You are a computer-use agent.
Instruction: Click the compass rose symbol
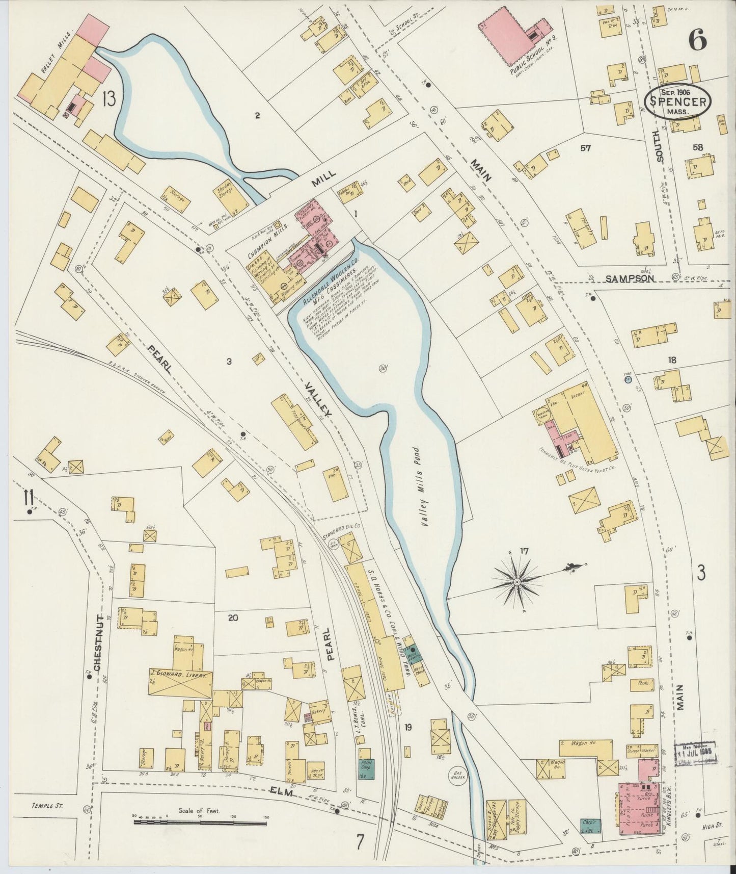pos(517,581)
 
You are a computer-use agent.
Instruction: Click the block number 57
pos(585,148)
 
